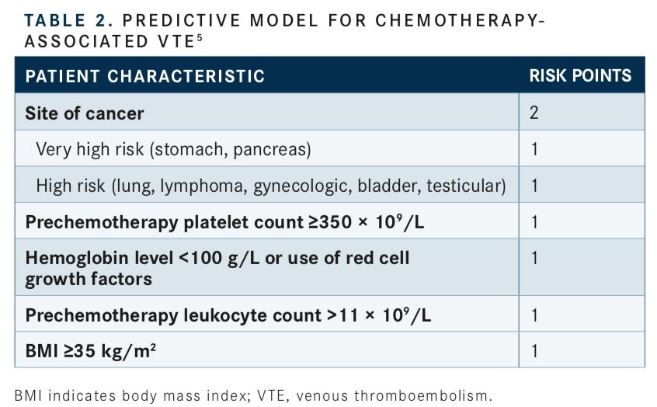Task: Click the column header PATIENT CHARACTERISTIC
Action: click(145, 76)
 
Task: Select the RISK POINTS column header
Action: click(580, 76)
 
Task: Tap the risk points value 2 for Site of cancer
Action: click(534, 113)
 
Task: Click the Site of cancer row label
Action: click(84, 113)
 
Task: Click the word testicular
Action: click(466, 186)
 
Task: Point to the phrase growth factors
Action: click(89, 280)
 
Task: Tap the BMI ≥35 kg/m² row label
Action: click(91, 351)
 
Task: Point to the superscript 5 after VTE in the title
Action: click(200, 38)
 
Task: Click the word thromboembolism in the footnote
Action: click(422, 395)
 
